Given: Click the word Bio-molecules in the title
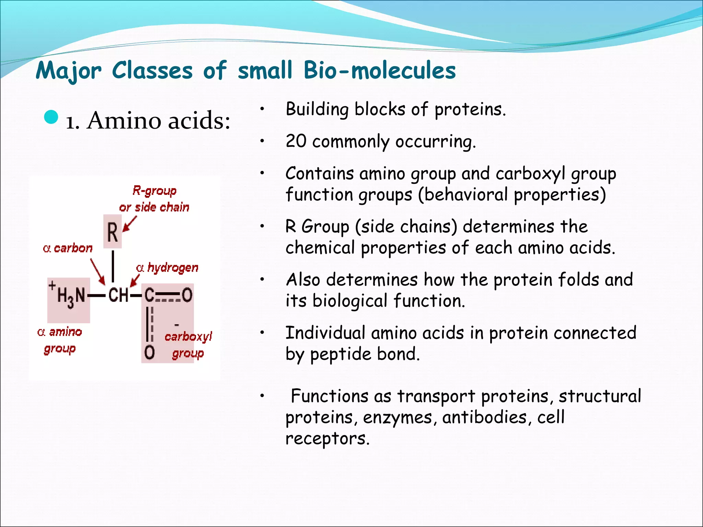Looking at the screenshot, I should [380, 70].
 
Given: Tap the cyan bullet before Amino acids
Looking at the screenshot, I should [51, 117].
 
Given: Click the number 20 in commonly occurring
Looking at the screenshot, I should [296, 141].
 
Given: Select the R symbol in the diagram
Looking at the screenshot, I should [113, 232].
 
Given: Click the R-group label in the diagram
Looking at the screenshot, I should [154, 190].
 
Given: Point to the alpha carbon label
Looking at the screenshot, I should [68, 248].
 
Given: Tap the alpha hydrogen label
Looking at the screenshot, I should [168, 268].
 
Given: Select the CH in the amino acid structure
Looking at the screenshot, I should [118, 295].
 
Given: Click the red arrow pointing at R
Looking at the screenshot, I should [130, 224].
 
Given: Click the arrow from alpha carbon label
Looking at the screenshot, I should [97, 271].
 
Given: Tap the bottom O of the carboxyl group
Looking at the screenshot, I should [149, 352].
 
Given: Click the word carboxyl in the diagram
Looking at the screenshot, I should [188, 337].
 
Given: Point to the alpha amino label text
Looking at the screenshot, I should [60, 332].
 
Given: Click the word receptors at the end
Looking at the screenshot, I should [327, 438].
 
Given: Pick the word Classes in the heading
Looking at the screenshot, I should [152, 70].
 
